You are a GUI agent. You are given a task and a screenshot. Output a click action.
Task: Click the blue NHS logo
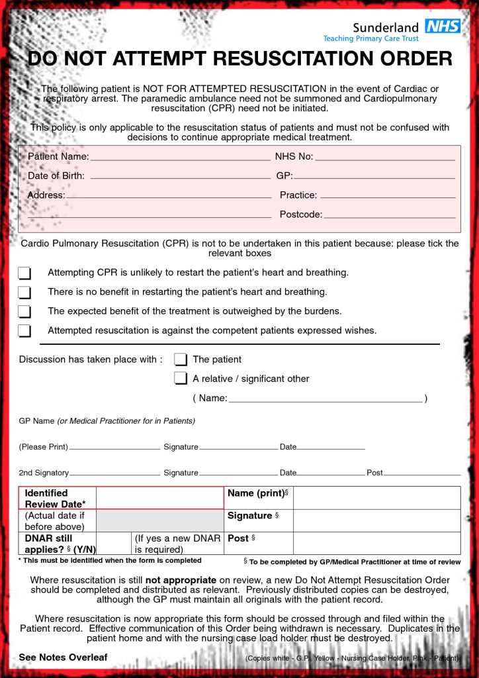(443, 26)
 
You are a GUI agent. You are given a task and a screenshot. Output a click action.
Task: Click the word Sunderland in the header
(385, 27)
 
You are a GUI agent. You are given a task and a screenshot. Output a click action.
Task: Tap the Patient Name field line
(180, 158)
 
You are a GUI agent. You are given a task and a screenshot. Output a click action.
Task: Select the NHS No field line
(385, 158)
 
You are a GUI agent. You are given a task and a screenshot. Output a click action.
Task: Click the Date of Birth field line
(180, 177)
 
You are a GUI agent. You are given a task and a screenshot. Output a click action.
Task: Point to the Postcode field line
(389, 216)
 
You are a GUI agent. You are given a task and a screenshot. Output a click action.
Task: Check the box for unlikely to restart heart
(24, 273)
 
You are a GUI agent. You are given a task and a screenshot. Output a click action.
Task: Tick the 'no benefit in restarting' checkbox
(24, 292)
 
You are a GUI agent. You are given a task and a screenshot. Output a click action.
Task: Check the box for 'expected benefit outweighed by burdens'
(24, 311)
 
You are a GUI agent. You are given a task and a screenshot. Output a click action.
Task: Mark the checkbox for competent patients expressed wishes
(24, 330)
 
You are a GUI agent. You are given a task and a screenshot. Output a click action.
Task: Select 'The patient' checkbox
(181, 360)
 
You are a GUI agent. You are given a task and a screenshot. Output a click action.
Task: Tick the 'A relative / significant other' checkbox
(181, 379)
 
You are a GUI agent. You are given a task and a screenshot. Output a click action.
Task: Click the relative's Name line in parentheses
(326, 400)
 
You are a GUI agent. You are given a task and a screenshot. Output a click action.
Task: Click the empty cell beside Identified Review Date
(159, 498)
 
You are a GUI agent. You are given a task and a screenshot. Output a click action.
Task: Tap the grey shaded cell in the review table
(159, 520)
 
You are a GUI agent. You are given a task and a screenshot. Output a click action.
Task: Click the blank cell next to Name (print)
(376, 498)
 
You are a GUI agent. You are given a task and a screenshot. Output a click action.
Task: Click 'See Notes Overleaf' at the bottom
(63, 657)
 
